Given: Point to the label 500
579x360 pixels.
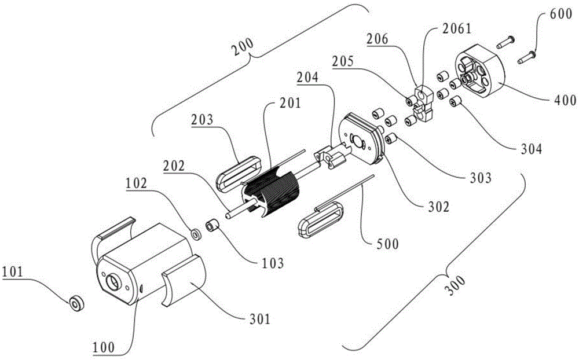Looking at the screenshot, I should pos(387,244).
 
